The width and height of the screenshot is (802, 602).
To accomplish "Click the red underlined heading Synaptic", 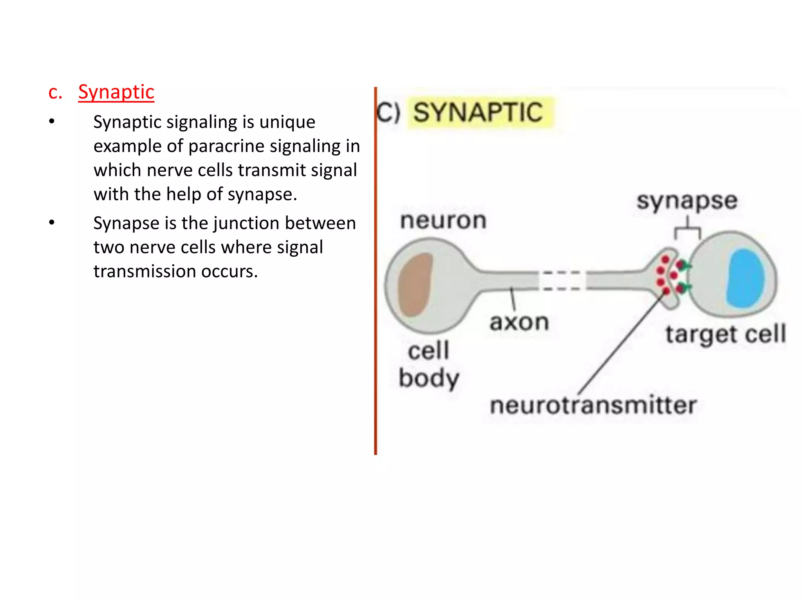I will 116,92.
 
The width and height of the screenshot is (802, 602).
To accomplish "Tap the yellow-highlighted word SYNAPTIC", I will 478,112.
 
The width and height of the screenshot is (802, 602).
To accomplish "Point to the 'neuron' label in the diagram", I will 443,220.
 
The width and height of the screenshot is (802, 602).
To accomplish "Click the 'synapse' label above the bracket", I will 687,201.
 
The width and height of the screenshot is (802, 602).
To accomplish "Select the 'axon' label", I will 519,323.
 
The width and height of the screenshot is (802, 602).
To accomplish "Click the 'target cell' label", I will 726,334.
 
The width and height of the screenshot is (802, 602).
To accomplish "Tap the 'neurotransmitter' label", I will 593,405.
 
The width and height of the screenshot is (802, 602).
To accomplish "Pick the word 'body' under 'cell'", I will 429,379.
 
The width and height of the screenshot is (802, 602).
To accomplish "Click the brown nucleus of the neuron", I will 415,284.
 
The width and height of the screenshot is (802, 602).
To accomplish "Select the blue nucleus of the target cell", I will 745,278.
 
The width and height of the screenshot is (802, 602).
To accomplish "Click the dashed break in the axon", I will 562,281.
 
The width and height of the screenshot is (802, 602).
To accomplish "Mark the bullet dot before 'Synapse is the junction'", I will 52,223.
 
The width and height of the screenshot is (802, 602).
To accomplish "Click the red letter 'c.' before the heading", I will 55,93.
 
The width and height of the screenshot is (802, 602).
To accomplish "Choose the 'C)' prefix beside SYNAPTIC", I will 388,112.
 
